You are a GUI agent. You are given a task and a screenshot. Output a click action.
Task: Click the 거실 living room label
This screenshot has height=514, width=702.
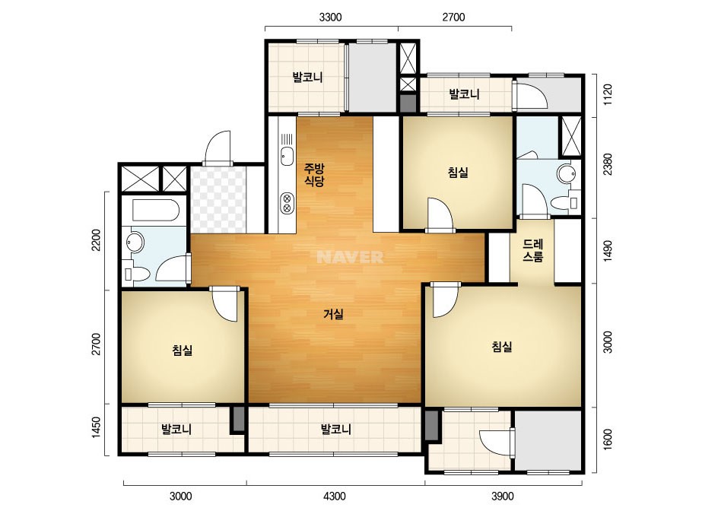[334, 314]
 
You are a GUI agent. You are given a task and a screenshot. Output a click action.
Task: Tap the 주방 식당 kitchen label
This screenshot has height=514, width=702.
[314, 175]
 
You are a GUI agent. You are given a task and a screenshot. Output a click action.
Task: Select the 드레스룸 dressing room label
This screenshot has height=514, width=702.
[532, 250]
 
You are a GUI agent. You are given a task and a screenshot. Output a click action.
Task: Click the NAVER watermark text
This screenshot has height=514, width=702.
[350, 257]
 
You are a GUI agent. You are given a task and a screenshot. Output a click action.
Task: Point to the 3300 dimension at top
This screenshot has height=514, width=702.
[330, 17]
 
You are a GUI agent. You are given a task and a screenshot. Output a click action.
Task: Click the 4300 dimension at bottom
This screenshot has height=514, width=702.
[335, 496]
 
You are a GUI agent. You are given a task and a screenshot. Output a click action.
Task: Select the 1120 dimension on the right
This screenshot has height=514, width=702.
[608, 94]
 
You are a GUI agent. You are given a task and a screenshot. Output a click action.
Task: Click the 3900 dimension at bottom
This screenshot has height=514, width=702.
[502, 496]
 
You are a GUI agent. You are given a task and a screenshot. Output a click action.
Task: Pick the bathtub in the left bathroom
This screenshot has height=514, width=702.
[156, 210]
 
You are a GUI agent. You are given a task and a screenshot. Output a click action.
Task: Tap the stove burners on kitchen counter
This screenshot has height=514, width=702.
[287, 203]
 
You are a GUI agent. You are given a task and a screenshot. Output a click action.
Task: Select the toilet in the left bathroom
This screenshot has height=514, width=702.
[137, 274]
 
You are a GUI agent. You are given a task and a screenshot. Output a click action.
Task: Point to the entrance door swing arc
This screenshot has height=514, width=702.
[217, 147]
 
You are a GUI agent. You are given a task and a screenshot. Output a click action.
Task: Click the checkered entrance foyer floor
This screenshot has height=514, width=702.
[218, 200]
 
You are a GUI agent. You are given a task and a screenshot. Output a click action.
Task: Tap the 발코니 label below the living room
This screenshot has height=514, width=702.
[335, 430]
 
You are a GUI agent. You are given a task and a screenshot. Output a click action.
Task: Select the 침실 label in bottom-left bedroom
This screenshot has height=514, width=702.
[183, 350]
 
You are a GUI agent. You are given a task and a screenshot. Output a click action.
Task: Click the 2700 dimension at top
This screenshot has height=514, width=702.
[453, 17]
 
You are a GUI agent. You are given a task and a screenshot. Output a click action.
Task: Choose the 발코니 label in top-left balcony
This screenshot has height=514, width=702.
[307, 77]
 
